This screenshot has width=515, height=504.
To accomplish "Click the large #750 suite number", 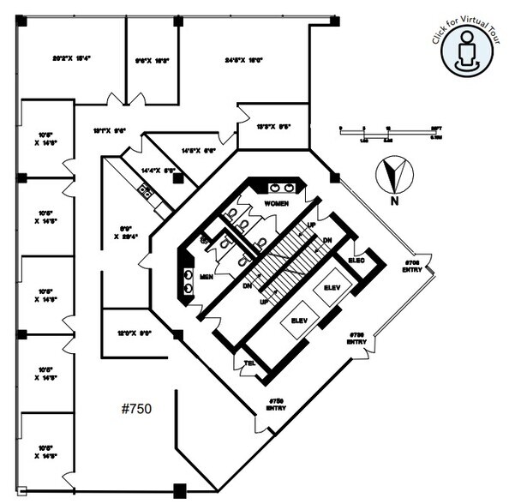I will (135, 409).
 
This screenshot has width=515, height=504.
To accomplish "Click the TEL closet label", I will (250, 363).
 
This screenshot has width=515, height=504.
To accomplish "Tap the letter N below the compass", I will (394, 202).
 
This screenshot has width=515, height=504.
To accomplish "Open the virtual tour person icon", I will (467, 50).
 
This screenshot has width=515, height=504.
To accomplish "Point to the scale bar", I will (390, 130).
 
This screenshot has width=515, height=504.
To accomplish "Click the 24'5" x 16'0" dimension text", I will (243, 60).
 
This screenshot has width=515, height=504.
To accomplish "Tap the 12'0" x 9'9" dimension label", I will (134, 334).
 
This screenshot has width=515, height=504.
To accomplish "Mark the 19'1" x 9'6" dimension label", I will (110, 131).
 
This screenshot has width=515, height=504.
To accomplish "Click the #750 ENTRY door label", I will (276, 405).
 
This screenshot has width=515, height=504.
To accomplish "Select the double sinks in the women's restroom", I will (281, 188).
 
